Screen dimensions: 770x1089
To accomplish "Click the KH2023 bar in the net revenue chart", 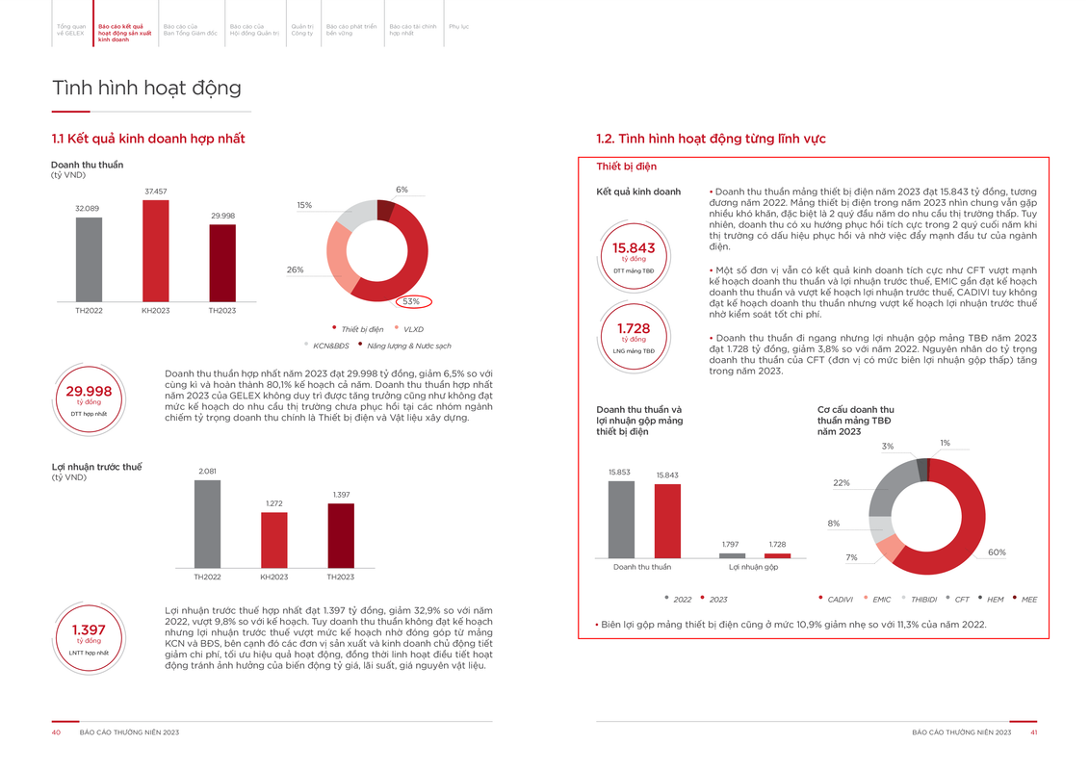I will tap(155, 250).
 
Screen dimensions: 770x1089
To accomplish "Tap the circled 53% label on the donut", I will tap(412, 301).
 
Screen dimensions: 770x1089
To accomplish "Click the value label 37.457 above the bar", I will tap(155, 192).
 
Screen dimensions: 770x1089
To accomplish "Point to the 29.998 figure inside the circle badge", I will tap(89, 391).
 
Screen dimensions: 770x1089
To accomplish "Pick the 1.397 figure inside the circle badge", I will tap(89, 629).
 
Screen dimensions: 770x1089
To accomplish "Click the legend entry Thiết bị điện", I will tap(361, 329).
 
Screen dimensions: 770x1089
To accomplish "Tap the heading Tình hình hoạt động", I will tap(146, 89).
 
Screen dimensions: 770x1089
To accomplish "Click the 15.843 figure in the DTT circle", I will tap(634, 248).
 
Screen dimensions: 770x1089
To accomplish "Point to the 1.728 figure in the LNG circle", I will tap(634, 328).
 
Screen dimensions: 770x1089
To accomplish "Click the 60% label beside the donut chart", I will tap(997, 552).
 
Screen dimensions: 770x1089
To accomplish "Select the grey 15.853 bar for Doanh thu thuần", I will tap(621, 519).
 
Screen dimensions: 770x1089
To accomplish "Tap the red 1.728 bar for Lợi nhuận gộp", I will tap(777, 555).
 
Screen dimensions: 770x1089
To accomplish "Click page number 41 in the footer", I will tap(1033, 732).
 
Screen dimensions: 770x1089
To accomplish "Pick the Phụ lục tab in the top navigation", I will tap(458, 27).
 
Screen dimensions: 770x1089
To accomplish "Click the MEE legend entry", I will tap(1029, 600).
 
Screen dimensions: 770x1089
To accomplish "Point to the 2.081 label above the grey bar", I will tap(207, 471).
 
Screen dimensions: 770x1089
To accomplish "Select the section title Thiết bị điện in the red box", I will tap(626, 167).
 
